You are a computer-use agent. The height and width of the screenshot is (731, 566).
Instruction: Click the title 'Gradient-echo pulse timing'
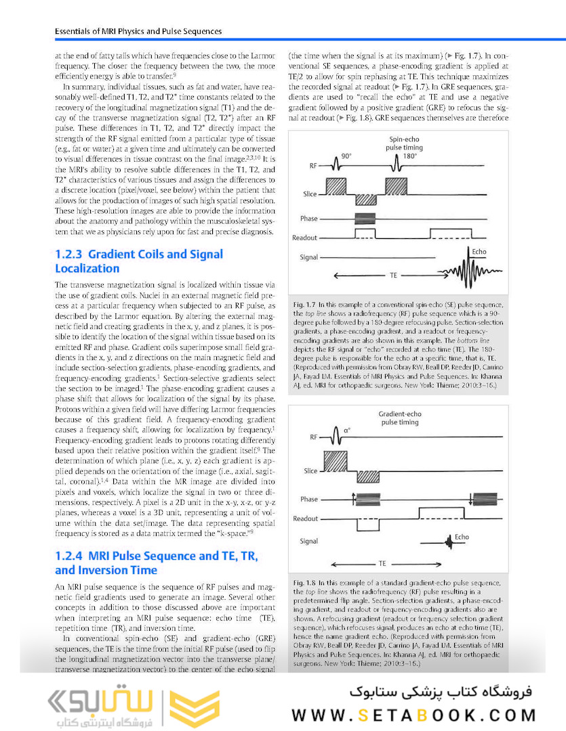pyautogui.click(x=399, y=418)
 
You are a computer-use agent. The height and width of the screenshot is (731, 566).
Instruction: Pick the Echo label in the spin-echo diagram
pyautogui.click(x=479, y=252)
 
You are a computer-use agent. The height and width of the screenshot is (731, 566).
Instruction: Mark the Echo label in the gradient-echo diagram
pyautogui.click(x=462, y=537)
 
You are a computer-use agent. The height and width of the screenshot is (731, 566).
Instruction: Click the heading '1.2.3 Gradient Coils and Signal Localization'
pyautogui.click(x=138, y=261)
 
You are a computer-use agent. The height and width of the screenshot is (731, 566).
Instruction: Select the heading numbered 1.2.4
pyautogui.click(x=156, y=562)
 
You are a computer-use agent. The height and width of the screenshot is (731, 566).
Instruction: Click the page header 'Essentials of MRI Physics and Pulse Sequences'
pyautogui.click(x=138, y=31)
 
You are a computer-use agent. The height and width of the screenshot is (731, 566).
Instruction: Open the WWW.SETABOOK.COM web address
pyautogui.click(x=414, y=715)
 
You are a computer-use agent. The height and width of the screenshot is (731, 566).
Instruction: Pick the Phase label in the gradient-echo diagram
pyautogui.click(x=308, y=500)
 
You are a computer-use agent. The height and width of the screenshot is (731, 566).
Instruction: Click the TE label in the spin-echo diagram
pyautogui.click(x=393, y=276)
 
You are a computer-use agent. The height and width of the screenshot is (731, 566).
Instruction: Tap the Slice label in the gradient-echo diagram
pyautogui.click(x=310, y=471)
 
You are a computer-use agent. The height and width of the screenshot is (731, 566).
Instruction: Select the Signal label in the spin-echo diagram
pyautogui.click(x=308, y=257)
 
